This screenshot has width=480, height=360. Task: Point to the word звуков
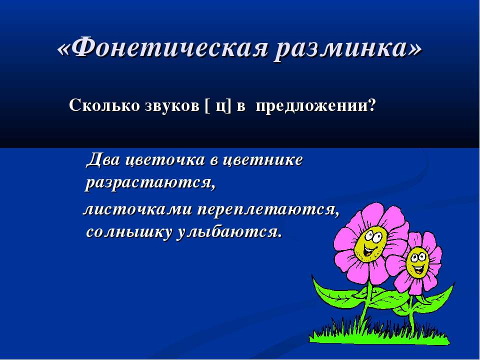tap(171, 106)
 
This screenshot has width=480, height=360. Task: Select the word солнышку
tap(128, 232)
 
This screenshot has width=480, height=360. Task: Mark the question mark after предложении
tap(371, 106)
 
